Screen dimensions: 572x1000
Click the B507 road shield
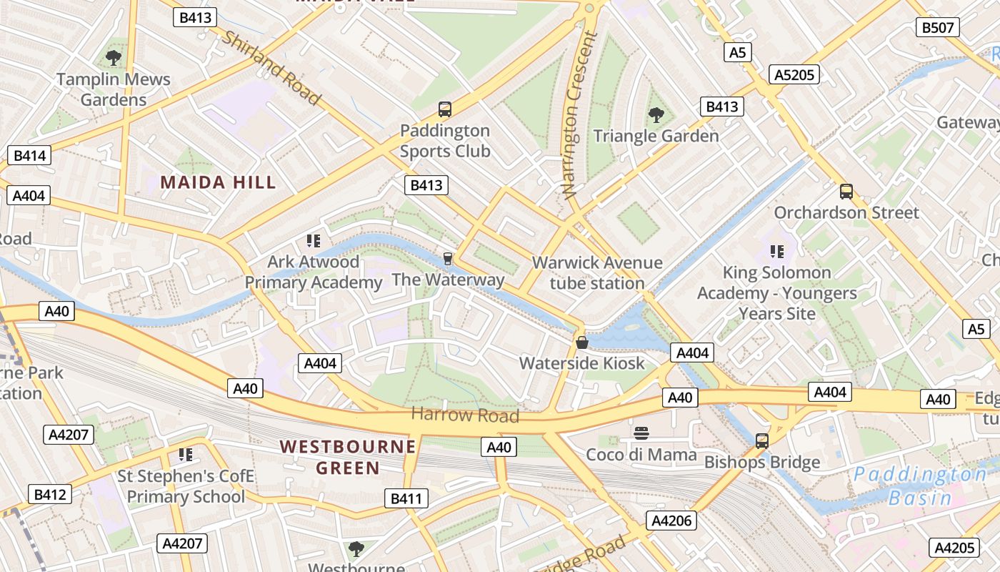pos(937,28)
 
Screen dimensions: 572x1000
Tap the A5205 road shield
pos(794,74)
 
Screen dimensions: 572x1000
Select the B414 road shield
pos(29,155)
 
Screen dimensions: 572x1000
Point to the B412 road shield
pos(50,494)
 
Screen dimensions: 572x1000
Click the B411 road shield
pos(406,498)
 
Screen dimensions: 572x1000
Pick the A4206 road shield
pos(671,521)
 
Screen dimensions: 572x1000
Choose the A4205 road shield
pos(954,548)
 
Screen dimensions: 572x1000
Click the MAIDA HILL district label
pos(218,182)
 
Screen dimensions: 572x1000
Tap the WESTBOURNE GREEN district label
pos(348,458)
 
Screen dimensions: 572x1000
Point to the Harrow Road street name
pos(465,415)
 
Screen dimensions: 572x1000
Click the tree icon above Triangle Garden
pos(656,114)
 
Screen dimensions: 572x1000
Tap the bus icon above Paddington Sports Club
pos(445,109)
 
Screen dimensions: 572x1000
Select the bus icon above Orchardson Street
pos(846,192)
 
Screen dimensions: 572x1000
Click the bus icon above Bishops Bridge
pos(762,441)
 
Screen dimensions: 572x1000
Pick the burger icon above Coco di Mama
pos(641,433)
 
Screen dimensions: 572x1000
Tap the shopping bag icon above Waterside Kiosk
pos(582,342)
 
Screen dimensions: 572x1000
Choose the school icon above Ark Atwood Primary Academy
pos(313,240)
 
